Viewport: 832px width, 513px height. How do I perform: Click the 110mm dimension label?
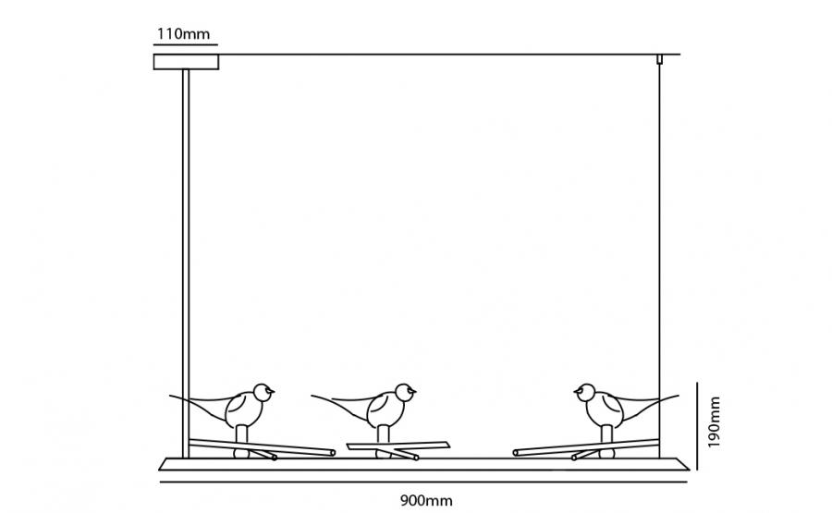[184, 34]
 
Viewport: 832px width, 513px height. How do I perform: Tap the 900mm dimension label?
[426, 500]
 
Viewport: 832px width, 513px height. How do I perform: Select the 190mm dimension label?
[715, 421]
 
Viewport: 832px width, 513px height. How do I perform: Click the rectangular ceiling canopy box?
[186, 62]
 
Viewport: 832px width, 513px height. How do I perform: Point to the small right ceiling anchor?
[659, 59]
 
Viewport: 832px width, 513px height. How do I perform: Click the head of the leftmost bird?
[263, 393]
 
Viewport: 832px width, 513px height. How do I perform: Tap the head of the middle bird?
[406, 393]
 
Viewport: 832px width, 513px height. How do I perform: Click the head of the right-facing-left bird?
[585, 393]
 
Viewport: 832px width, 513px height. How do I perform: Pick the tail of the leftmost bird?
[199, 405]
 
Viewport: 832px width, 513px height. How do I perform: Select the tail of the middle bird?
[341, 405]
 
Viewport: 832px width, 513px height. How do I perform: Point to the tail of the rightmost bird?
[648, 405]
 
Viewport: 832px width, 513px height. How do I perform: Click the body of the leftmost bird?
[244, 410]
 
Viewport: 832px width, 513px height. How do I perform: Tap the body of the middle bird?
[385, 410]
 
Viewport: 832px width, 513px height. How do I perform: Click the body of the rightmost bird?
[605, 410]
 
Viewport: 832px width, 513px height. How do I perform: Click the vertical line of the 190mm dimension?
[697, 426]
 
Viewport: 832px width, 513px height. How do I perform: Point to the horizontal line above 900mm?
[423, 482]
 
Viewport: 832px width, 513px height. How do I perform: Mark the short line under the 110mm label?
[186, 44]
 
